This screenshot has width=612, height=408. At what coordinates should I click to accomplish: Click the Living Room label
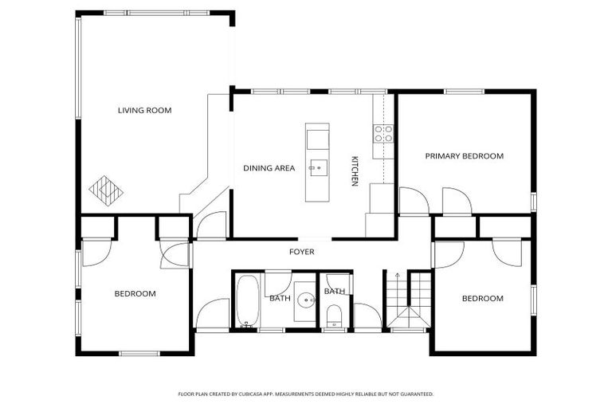coord(144,110)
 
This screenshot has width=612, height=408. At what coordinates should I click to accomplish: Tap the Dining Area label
coord(269,168)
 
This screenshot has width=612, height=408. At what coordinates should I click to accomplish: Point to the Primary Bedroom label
coord(464,156)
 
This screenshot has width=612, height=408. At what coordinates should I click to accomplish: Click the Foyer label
coord(301,252)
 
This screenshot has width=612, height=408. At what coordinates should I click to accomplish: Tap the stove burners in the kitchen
coord(384,134)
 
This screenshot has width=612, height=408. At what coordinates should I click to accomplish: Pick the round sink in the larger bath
coord(305,300)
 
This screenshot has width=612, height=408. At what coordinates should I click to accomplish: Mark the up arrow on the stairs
coord(398,276)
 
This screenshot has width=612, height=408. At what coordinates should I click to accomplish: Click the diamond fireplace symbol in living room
coord(106,190)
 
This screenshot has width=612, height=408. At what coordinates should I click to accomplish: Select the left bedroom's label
coord(135,293)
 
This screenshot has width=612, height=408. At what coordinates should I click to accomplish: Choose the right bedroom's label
coord(483,299)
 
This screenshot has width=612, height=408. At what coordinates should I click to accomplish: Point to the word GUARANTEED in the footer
coord(414,394)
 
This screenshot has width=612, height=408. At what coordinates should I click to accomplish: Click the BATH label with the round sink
coord(279,298)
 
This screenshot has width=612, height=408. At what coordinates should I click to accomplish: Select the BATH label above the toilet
coord(334,292)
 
